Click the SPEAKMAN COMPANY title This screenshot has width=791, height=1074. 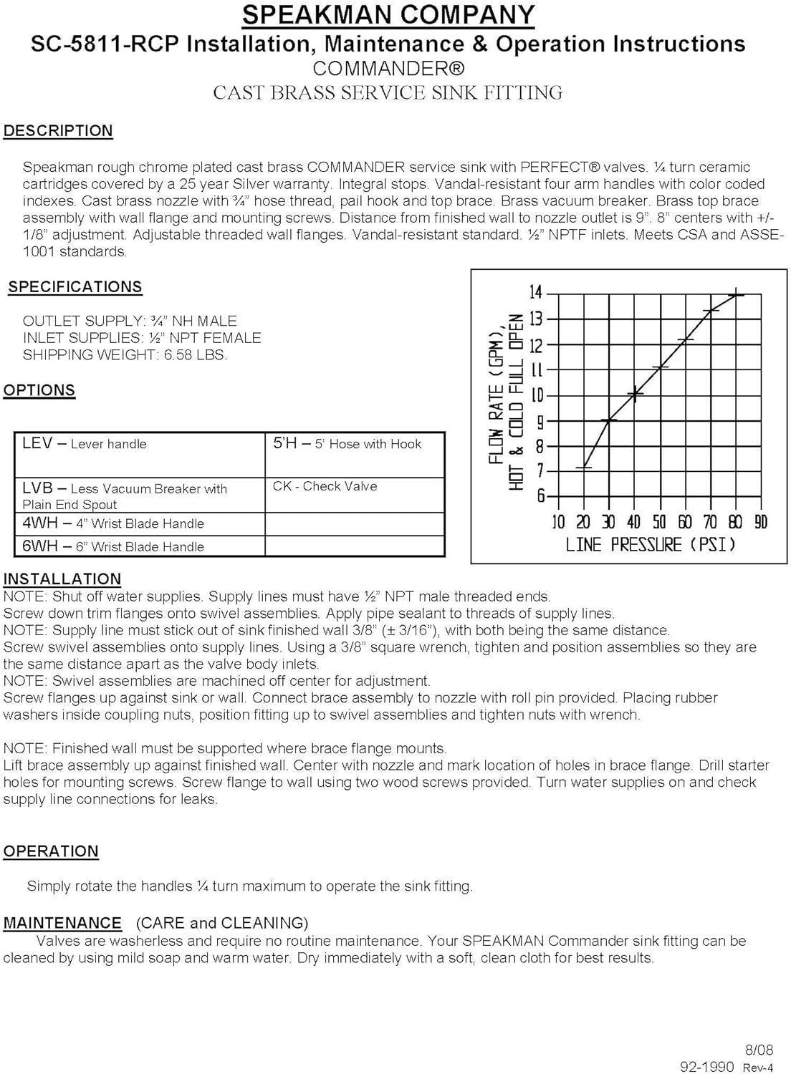pyautogui.click(x=388, y=14)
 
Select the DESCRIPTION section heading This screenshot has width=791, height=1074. pyautogui.click(x=58, y=131)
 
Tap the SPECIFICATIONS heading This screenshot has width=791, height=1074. pyautogui.click(x=75, y=287)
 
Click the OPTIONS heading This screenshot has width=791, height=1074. pyautogui.click(x=39, y=390)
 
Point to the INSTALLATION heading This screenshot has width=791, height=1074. pyautogui.click(x=62, y=579)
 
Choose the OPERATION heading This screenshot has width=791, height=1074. pyautogui.click(x=51, y=851)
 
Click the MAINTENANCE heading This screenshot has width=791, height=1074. pyautogui.click(x=62, y=923)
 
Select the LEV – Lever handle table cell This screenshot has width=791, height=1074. pyautogui.click(x=85, y=444)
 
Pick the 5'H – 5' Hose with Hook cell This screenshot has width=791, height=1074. pyautogui.click(x=347, y=444)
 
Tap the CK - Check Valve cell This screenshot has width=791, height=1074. pyautogui.click(x=325, y=486)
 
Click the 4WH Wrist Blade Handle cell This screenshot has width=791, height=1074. pyautogui.click(x=113, y=523)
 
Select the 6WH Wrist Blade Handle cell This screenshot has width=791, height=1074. pyautogui.click(x=113, y=546)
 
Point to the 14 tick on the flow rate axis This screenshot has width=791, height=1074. pyautogui.click(x=536, y=292)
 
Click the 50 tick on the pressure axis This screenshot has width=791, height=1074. pyautogui.click(x=659, y=522)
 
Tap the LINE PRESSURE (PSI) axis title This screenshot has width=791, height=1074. pyautogui.click(x=651, y=545)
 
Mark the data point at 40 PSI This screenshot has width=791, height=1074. pyautogui.click(x=636, y=393)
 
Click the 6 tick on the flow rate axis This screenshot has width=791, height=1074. pyautogui.click(x=542, y=496)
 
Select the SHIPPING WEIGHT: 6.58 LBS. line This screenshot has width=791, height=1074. pyautogui.click(x=125, y=355)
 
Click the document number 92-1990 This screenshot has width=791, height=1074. pyautogui.click(x=706, y=1067)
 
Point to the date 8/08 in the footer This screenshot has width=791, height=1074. pyautogui.click(x=759, y=1050)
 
